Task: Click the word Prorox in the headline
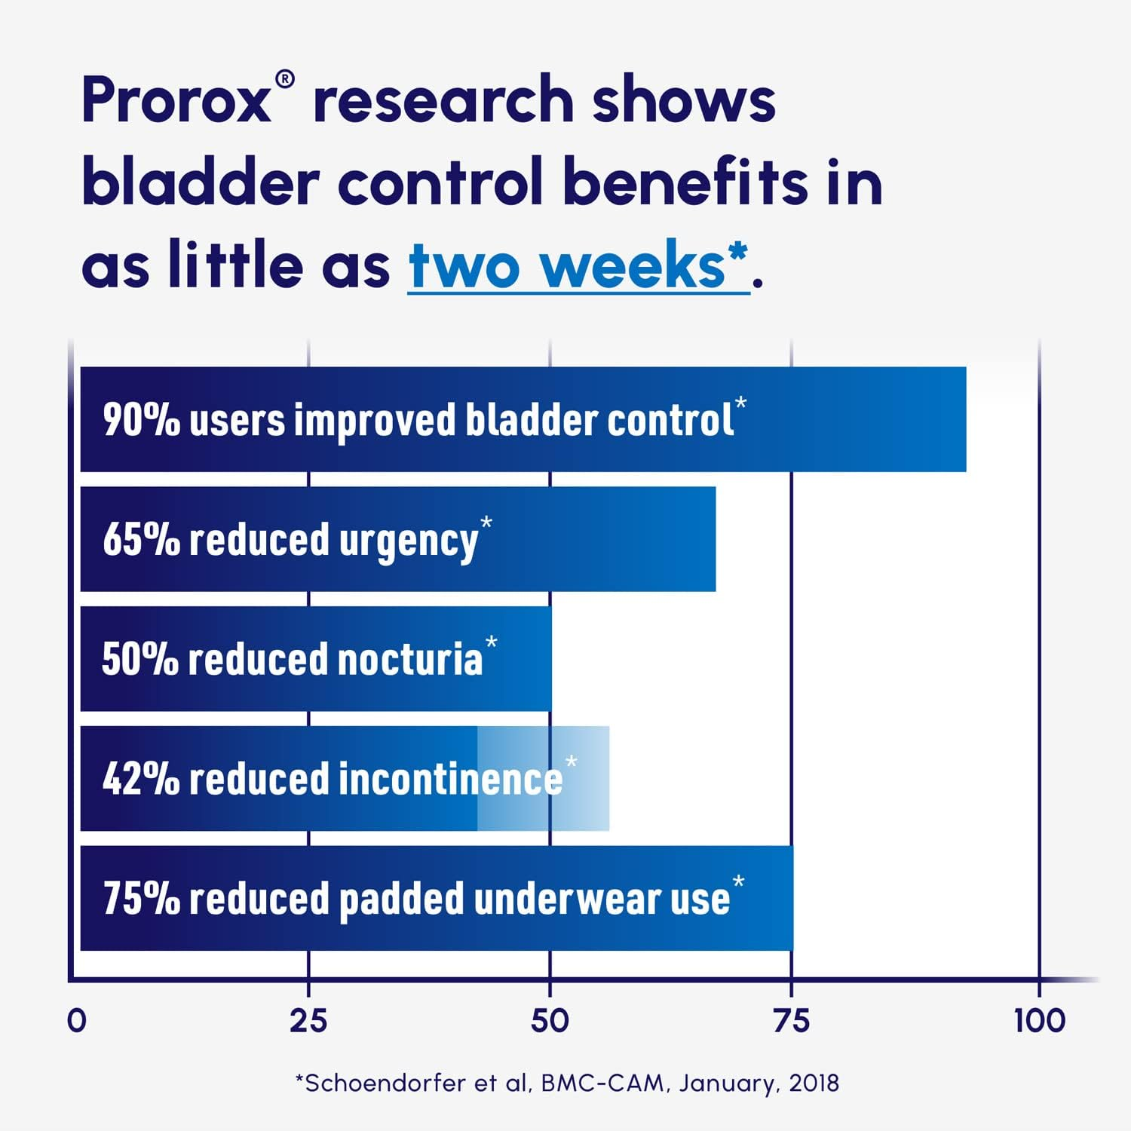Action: (x=176, y=100)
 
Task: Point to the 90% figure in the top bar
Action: (x=141, y=420)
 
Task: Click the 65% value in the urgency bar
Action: (x=141, y=540)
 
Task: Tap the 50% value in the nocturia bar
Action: (x=140, y=659)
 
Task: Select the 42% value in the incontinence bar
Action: (x=141, y=779)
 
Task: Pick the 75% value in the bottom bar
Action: (x=141, y=899)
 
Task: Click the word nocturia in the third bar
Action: (x=409, y=659)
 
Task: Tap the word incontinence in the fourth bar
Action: (x=451, y=779)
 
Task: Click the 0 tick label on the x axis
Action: (x=77, y=1021)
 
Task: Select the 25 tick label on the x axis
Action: (x=308, y=1021)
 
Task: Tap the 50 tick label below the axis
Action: (x=550, y=1021)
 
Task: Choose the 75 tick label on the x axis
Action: (x=792, y=1021)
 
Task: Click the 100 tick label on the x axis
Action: (x=1039, y=1021)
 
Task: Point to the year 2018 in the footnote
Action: (x=814, y=1083)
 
